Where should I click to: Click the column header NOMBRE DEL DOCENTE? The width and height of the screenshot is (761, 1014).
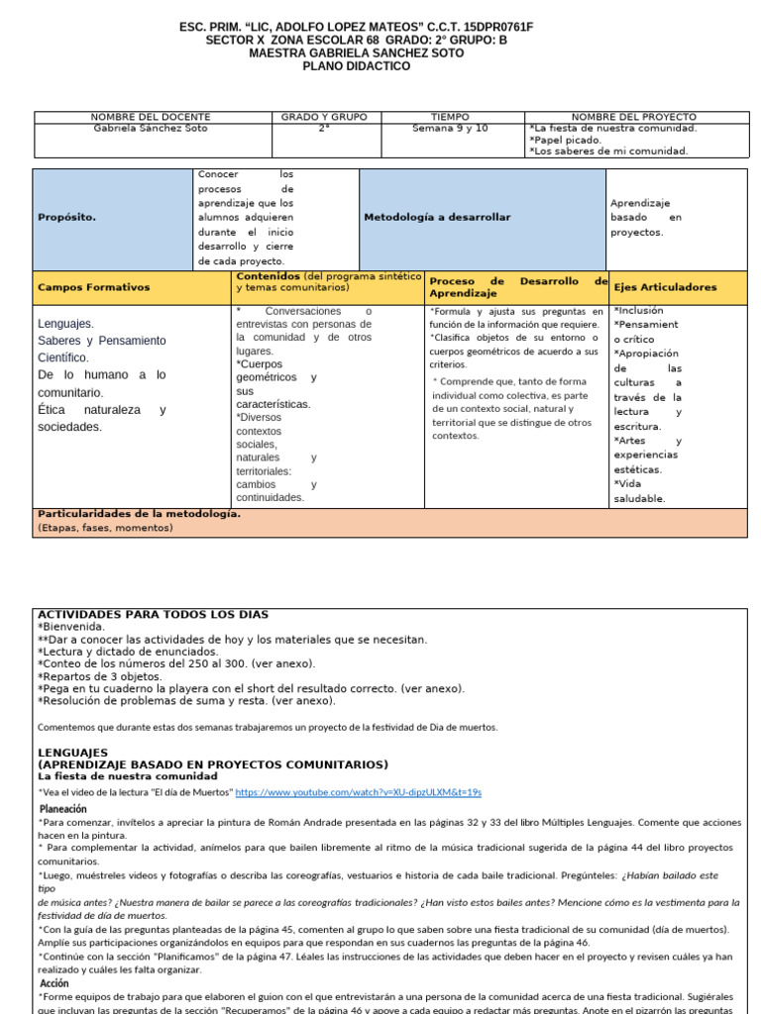click(153, 117)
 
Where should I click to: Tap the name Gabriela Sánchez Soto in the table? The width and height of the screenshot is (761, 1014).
click(151, 129)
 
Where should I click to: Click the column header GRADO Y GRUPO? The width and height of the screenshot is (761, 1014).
click(324, 117)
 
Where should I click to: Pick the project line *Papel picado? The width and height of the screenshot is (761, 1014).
click(566, 140)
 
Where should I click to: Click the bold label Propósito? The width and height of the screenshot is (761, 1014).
click(66, 217)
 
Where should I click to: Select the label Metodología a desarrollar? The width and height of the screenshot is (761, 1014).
click(437, 217)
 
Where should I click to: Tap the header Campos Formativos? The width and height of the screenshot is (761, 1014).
click(93, 287)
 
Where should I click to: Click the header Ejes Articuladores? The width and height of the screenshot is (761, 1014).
click(664, 287)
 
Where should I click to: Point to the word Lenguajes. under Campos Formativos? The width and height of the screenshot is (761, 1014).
click(66, 324)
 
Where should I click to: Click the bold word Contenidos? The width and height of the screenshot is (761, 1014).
click(268, 275)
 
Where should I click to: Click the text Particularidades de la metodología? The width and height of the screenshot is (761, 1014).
click(139, 514)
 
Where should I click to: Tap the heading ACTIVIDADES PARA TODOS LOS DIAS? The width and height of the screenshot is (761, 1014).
click(153, 615)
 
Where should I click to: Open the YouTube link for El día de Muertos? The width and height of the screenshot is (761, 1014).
click(359, 792)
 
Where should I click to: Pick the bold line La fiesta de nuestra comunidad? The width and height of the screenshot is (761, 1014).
click(128, 776)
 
